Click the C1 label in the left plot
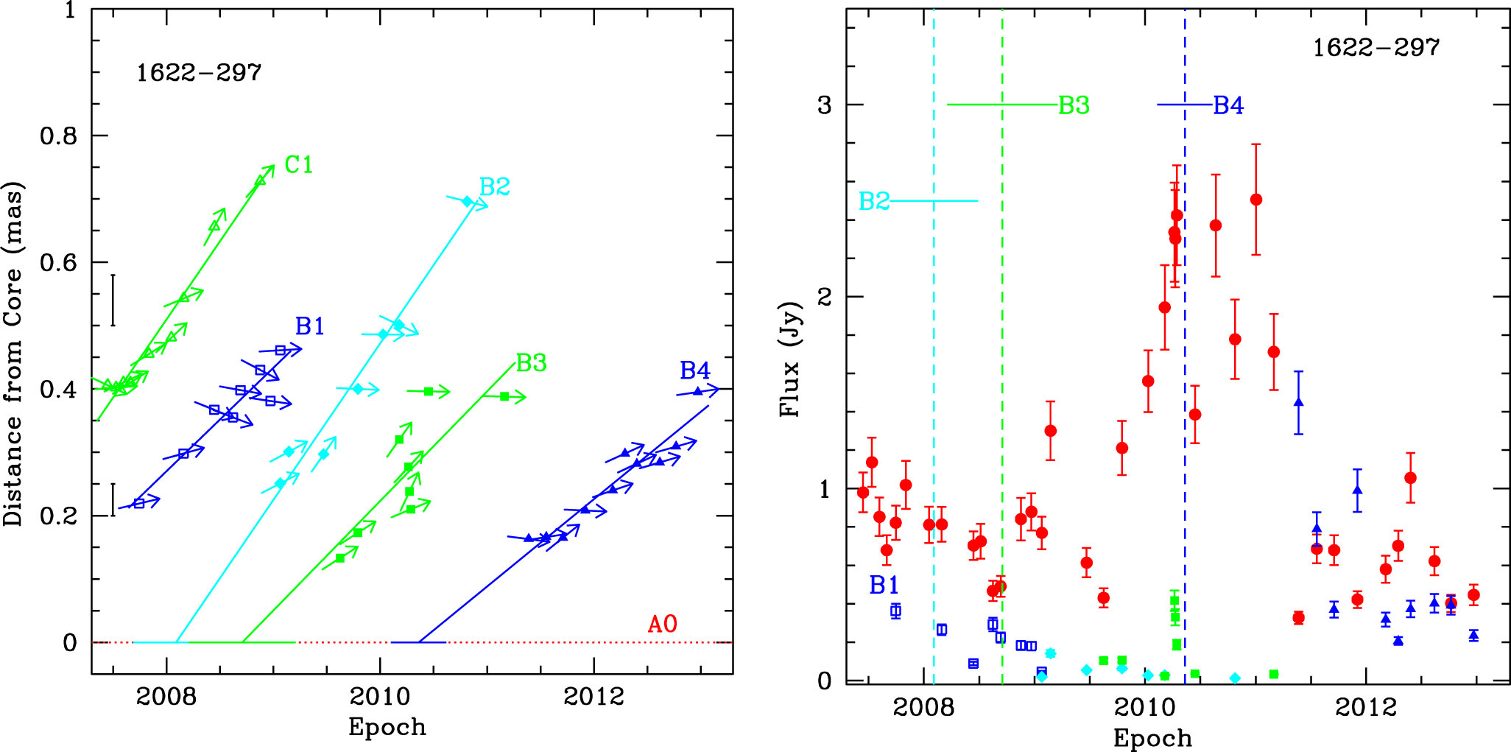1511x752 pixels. (x=298, y=165)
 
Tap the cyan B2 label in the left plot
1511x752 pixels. (x=494, y=187)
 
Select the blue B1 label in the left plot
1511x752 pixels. (x=309, y=326)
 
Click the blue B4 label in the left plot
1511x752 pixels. (x=694, y=370)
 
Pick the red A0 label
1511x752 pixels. (x=662, y=625)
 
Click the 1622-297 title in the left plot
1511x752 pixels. (x=199, y=73)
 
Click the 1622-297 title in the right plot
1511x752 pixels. (x=1376, y=48)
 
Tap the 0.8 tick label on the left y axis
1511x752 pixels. (x=59, y=136)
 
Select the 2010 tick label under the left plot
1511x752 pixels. (x=380, y=696)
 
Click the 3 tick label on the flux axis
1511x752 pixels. (x=824, y=105)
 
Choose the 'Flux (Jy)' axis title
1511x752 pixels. (x=790, y=359)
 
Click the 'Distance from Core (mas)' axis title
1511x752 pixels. (x=13, y=354)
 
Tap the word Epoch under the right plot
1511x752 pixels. (x=1152, y=738)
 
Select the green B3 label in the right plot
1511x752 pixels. (x=1074, y=106)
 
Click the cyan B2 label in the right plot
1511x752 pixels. (x=874, y=201)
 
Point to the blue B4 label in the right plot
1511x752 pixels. (x=1228, y=106)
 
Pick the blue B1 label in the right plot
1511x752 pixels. (x=884, y=586)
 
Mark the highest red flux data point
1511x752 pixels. (x=1256, y=200)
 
